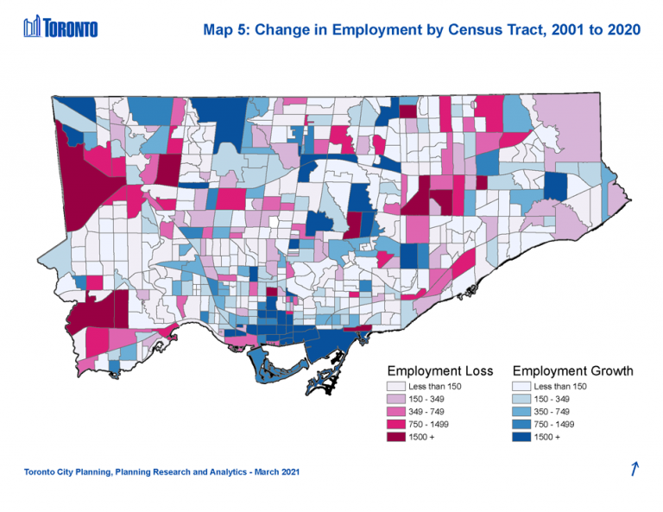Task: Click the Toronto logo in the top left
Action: pos(60,28)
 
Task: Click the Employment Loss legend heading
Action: pos(440,371)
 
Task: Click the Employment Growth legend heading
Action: pos(572,371)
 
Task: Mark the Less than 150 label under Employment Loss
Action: pos(436,386)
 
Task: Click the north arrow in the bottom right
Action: pos(635,469)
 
